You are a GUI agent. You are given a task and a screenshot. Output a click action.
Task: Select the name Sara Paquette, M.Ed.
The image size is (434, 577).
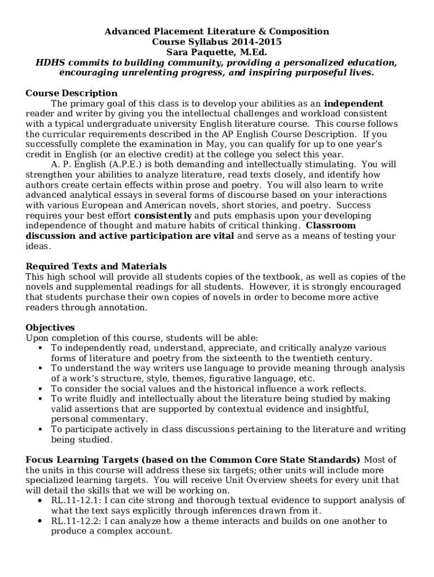click(216, 52)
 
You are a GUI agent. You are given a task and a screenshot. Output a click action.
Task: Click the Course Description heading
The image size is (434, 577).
click(72, 93)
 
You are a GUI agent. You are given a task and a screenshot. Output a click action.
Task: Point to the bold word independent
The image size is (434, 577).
click(353, 104)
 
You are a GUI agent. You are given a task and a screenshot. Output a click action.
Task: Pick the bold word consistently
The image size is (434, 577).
click(163, 216)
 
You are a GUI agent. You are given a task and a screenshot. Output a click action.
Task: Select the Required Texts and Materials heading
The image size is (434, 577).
click(96, 267)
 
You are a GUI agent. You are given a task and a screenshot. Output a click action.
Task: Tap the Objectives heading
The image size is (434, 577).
click(50, 327)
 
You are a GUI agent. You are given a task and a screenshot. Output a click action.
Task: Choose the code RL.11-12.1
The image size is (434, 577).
click(75, 501)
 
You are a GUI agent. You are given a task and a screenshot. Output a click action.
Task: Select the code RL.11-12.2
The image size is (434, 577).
click(75, 521)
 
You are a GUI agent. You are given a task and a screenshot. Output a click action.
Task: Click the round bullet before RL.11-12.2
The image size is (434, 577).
click(38, 521)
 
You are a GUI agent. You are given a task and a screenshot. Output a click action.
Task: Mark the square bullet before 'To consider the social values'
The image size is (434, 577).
click(41, 389)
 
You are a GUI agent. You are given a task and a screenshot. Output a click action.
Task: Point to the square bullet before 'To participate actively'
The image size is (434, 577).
click(41, 430)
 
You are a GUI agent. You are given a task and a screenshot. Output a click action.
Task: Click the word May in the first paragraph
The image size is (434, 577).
click(213, 144)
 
